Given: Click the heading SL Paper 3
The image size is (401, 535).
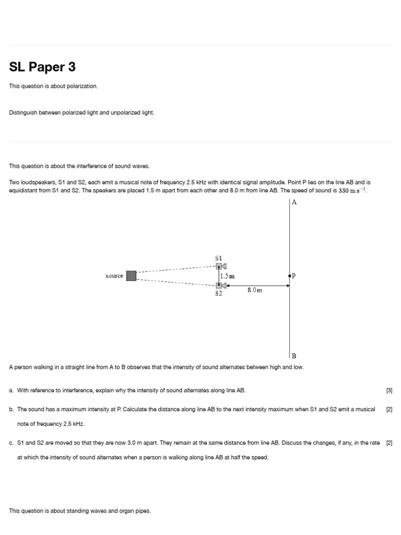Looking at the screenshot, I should (x=42, y=67).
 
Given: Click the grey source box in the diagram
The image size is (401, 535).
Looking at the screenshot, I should (x=131, y=275).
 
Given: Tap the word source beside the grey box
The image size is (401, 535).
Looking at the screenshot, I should (x=114, y=276).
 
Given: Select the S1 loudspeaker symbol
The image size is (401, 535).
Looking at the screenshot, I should (x=221, y=266).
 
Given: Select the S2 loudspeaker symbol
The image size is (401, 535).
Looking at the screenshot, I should (x=221, y=285).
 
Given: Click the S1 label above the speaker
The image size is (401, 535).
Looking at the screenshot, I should (x=219, y=258).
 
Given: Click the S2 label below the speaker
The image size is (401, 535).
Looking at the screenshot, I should (x=219, y=294).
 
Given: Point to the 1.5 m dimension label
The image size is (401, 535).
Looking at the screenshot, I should (x=228, y=276).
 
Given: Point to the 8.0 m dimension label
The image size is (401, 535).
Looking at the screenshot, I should (x=255, y=290).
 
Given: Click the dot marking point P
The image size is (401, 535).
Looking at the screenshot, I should (x=290, y=275).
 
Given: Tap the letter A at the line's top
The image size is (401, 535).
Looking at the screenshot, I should (x=294, y=202).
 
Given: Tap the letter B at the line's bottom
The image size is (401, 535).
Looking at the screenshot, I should (x=294, y=355).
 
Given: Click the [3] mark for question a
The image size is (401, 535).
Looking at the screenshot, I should (x=389, y=390).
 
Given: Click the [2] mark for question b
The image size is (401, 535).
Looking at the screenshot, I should (x=389, y=409).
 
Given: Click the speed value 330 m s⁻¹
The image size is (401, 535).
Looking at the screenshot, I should (x=353, y=191).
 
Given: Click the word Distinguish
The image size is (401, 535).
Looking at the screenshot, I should (x=23, y=112).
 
